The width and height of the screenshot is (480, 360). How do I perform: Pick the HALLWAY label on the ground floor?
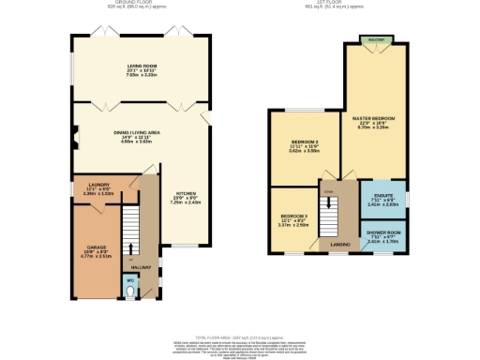click(x=140, y=267)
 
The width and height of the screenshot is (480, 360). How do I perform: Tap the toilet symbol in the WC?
click(x=130, y=291)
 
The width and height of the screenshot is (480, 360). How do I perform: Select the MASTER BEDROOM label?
click(x=373, y=118)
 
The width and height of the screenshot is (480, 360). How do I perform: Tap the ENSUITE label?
click(x=383, y=194)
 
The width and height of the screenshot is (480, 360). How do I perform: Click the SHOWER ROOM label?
click(x=383, y=231)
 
